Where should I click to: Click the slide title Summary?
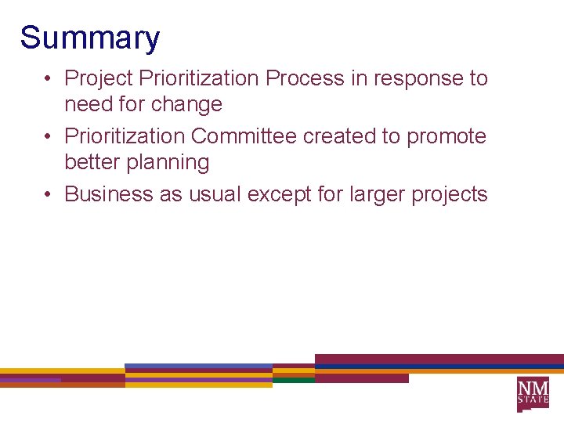click(x=89, y=38)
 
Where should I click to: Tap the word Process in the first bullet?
click(x=305, y=78)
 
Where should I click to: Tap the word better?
click(x=87, y=162)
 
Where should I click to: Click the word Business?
click(x=109, y=194)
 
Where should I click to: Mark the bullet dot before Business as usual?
click(x=49, y=194)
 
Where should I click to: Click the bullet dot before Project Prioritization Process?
click(x=49, y=78)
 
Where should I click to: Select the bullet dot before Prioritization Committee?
click(x=49, y=136)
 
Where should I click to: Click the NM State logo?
click(x=533, y=393)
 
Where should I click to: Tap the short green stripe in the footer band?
click(x=293, y=380)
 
